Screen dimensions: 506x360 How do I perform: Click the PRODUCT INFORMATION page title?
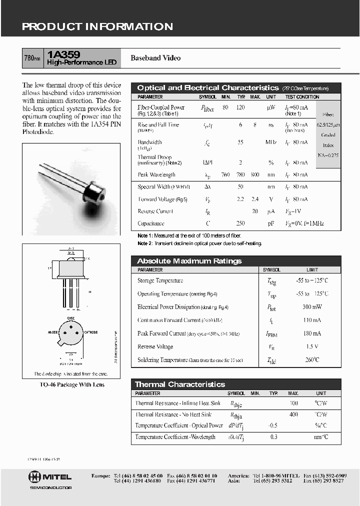pos(97,27)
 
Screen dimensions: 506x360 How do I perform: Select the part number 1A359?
pos(60,54)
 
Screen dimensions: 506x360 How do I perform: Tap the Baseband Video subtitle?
pos(155,58)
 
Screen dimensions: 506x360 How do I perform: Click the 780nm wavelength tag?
pos(32,58)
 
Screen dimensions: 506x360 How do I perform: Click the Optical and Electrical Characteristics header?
pos(207,88)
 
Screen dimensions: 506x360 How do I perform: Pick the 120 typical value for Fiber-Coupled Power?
pos(241,107)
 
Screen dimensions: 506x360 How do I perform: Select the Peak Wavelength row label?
pos(156,175)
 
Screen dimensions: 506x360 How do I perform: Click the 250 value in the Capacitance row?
pos(241,223)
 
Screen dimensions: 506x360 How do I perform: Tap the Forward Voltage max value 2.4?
pos(255,199)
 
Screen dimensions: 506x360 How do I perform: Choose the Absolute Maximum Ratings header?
pos(189,261)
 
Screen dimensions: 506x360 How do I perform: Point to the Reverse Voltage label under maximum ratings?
pos(155,346)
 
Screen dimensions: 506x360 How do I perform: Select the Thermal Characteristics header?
pos(180,384)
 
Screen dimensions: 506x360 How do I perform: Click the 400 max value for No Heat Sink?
pos(293,414)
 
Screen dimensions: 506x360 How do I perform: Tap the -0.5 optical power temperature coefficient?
pos(273,425)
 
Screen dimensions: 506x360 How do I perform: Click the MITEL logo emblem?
pos(35,476)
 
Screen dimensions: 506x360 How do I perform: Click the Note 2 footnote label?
pos(144,243)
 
